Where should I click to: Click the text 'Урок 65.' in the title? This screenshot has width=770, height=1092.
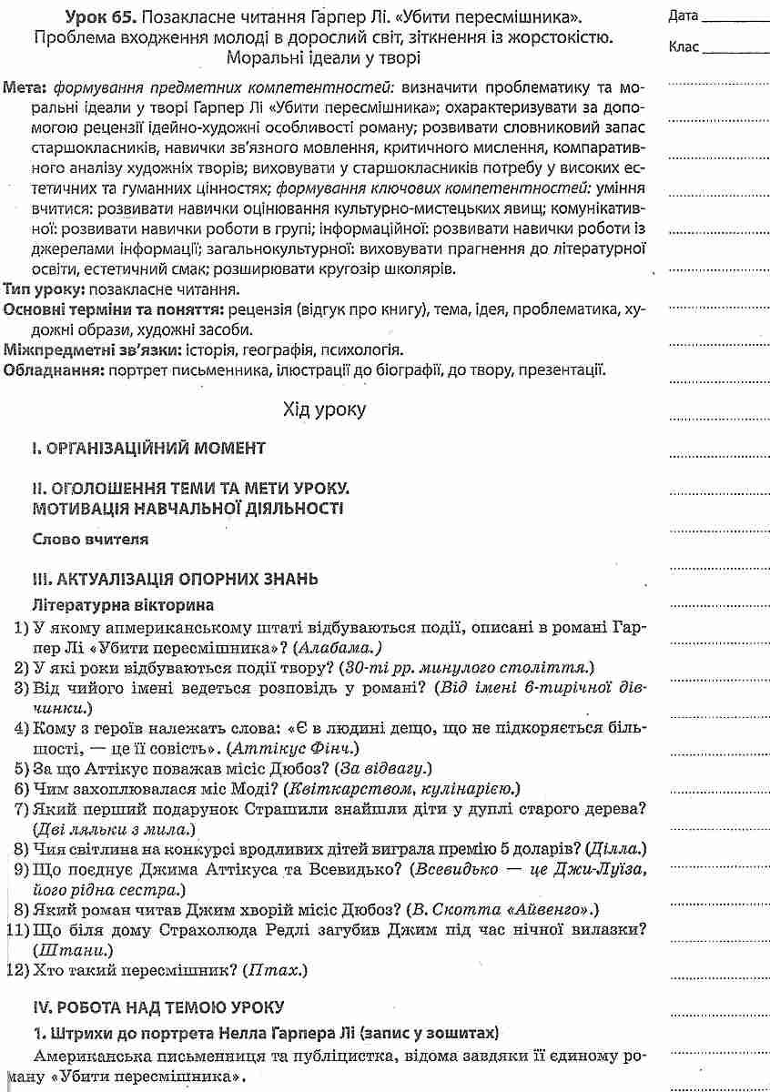tap(96, 17)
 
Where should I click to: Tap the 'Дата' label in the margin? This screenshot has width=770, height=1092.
tap(683, 16)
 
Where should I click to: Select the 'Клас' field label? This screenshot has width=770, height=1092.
tap(683, 46)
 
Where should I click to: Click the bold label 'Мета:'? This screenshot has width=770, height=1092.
tap(25, 90)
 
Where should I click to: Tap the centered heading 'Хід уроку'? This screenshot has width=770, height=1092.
tap(325, 409)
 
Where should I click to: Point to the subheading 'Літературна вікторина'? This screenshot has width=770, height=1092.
tap(123, 603)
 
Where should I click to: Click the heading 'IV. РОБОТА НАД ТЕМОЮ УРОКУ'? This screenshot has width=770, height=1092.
tap(157, 1007)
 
